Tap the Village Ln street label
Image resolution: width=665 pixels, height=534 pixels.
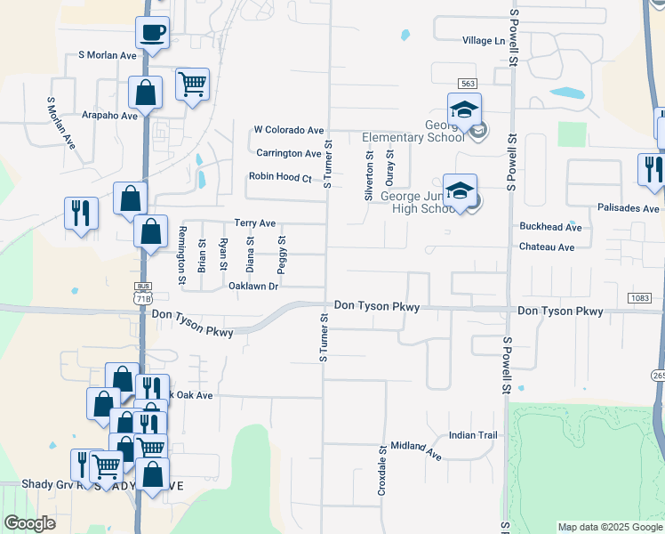(x=483, y=41)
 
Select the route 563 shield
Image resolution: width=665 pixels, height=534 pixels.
(x=467, y=83)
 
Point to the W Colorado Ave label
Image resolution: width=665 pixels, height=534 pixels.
(x=288, y=130)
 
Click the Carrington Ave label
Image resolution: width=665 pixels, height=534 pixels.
(x=289, y=153)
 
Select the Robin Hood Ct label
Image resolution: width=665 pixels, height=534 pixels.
(x=280, y=177)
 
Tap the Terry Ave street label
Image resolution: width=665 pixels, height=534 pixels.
(x=254, y=222)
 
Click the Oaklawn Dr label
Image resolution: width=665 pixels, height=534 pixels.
(x=253, y=286)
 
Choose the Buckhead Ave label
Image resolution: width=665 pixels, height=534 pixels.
(x=550, y=228)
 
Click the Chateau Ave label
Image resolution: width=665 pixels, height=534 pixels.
(x=547, y=247)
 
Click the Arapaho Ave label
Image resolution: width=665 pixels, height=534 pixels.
(x=110, y=116)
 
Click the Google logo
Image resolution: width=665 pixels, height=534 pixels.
(x=29, y=523)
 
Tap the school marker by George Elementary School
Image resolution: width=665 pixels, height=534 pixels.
(x=464, y=110)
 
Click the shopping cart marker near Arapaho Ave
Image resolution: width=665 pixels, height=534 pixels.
(x=192, y=85)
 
